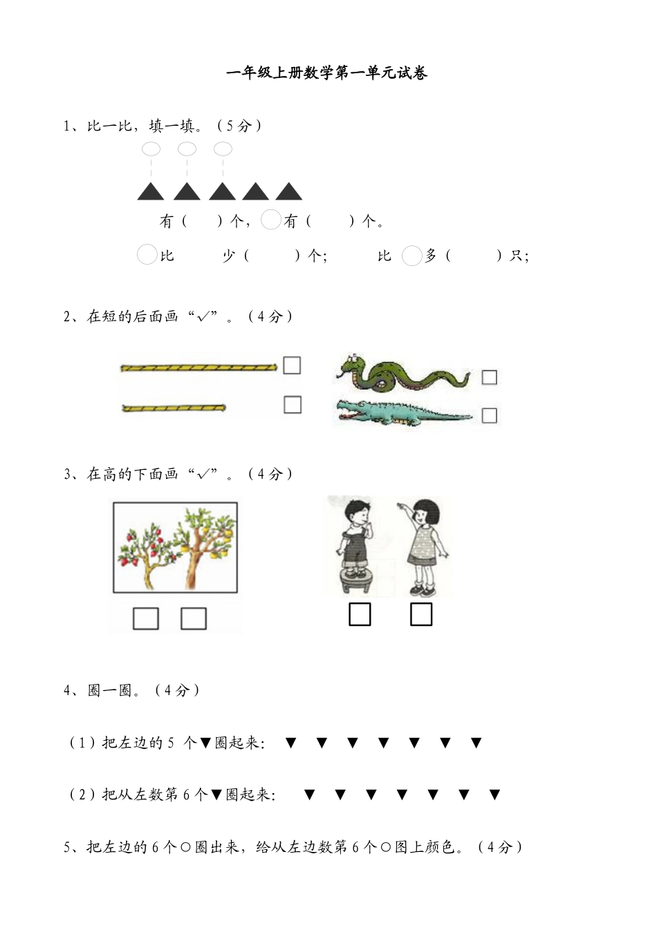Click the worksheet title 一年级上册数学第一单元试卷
(326, 73)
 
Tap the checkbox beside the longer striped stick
(292, 366)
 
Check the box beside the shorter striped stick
(293, 404)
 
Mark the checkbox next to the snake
(489, 377)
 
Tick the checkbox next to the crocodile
(489, 415)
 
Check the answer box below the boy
(360, 614)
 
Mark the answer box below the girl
(421, 614)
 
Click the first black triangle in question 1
(150, 192)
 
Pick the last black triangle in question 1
(289, 192)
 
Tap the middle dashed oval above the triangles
(187, 149)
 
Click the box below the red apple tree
(145, 618)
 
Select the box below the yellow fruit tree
(194, 618)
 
